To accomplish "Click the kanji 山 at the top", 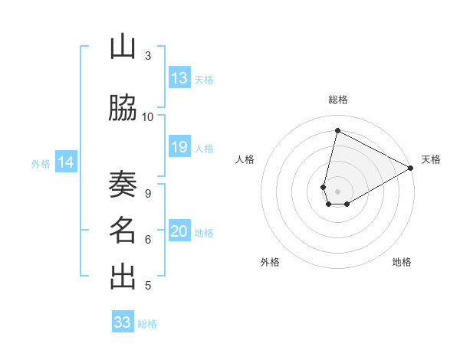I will (x=122, y=48).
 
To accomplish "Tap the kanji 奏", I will (x=122, y=185).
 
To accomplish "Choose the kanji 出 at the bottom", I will (x=122, y=277).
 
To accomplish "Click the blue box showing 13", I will (x=179, y=78).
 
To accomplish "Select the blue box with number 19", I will (x=179, y=147).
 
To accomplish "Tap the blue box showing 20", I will (x=179, y=231).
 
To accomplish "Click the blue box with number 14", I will (x=66, y=162).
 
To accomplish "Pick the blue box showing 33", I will (x=123, y=322).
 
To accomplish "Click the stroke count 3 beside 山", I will (x=148, y=56).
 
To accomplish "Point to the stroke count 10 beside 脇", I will (x=148, y=116).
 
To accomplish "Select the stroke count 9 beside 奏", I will (x=147, y=193).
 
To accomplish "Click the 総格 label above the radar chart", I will (x=338, y=100).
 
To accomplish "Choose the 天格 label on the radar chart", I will (x=431, y=159).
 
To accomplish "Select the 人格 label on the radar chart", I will (x=245, y=159).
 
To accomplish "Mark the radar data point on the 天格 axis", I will (x=411, y=169).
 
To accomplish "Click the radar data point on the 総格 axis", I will (x=337, y=130).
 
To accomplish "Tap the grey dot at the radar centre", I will (x=337, y=191).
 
